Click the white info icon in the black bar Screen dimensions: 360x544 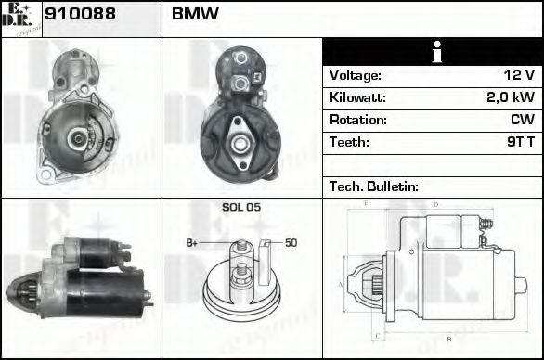pyautogui.click(x=432, y=52)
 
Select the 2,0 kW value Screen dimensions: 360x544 pyautogui.click(x=512, y=97)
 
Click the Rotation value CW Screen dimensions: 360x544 pyautogui.click(x=523, y=120)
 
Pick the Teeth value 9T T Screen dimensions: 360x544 pyautogui.click(x=517, y=142)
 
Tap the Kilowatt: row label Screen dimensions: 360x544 pyautogui.click(x=356, y=97)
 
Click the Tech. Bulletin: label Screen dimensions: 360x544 pyautogui.click(x=373, y=186)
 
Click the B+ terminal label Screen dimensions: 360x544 pyautogui.click(x=192, y=243)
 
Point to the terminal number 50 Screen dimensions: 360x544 pyautogui.click(x=290, y=243)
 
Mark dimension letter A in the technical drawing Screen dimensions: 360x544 pyautogui.click(x=341, y=284)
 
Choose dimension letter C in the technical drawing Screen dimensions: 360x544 pyautogui.click(x=375, y=336)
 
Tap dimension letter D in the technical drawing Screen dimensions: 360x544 pyautogui.click(x=434, y=204)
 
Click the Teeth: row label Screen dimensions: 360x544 pyautogui.click(x=349, y=142)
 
